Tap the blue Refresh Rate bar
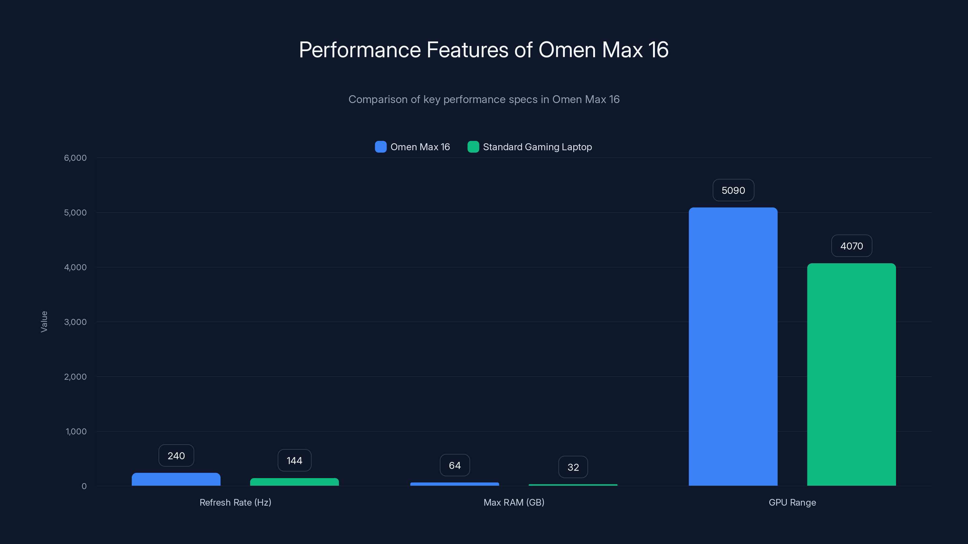tap(176, 479)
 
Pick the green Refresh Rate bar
tap(294, 482)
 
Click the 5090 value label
tap(733, 190)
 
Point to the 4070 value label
tap(852, 246)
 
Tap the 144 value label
tap(294, 461)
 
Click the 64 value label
tap(455, 465)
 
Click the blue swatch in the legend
tap(380, 147)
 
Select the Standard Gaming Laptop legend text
tap(537, 147)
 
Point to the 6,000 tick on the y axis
tap(75, 158)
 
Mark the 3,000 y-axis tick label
tap(75, 322)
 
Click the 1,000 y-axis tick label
tap(76, 431)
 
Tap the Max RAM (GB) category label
tap(514, 502)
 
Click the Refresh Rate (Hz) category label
tap(235, 502)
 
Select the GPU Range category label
tap(792, 502)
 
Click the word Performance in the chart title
tap(360, 50)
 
